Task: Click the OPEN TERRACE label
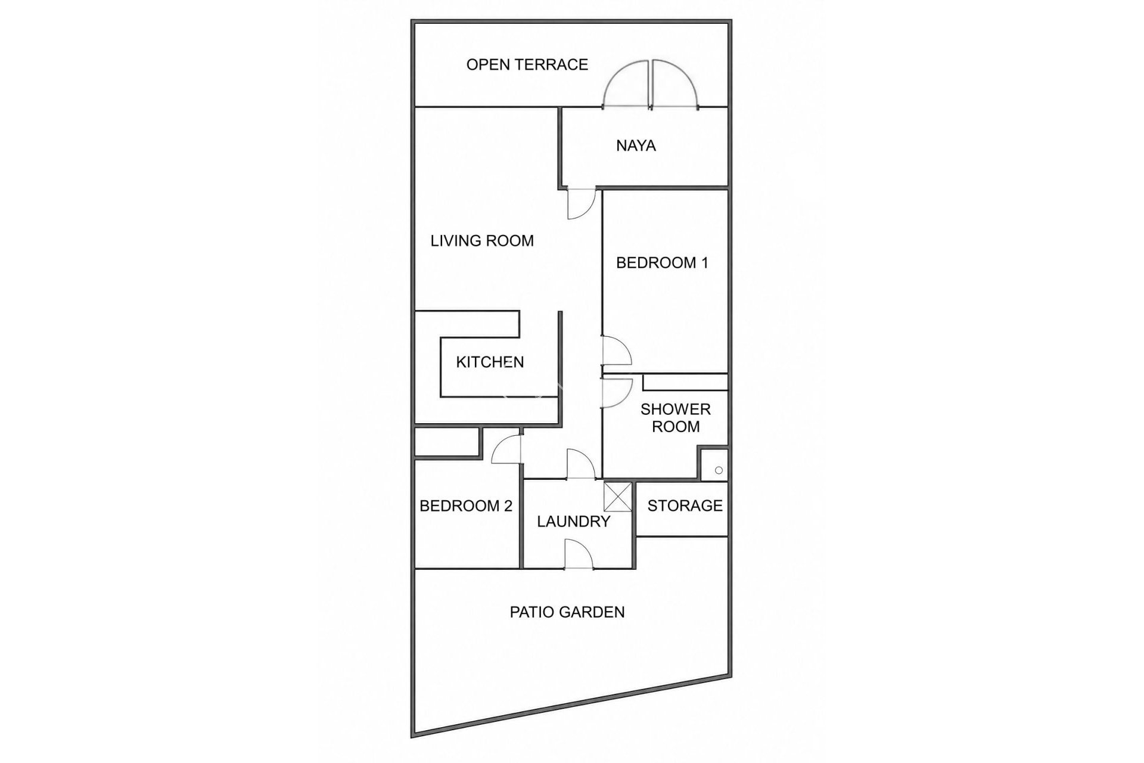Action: (527, 64)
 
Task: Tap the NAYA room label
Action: (636, 145)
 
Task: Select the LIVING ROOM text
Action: (482, 241)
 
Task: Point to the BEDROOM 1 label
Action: (662, 263)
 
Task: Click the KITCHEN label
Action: (490, 362)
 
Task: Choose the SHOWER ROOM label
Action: (676, 418)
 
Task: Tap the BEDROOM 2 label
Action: (466, 506)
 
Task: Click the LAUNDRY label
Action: (574, 522)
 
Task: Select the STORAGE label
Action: (685, 505)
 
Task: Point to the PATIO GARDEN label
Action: (567, 612)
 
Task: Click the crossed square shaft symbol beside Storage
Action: (618, 497)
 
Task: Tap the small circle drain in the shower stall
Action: (719, 470)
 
